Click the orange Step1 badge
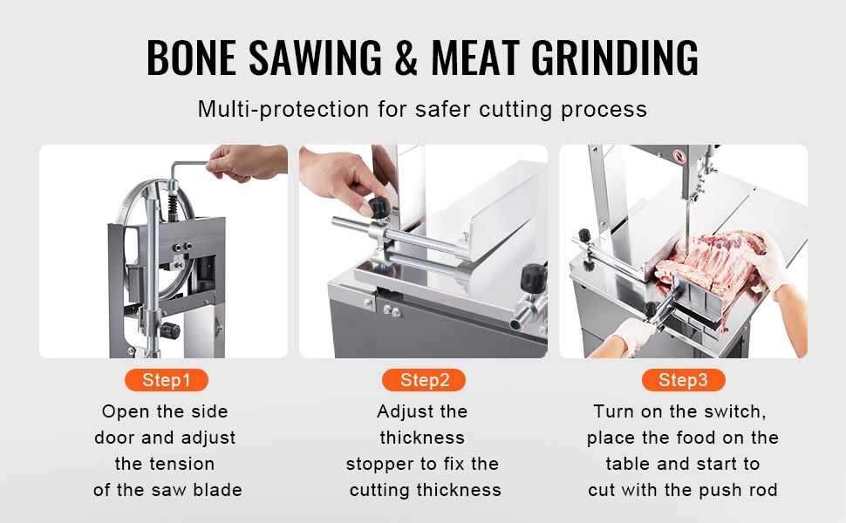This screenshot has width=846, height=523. (x=167, y=380)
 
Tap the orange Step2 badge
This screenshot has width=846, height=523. (x=424, y=380)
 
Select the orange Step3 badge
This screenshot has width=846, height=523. (x=684, y=380)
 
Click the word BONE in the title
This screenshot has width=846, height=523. (x=192, y=58)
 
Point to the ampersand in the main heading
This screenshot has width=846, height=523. (x=406, y=58)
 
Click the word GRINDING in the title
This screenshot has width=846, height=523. (x=615, y=58)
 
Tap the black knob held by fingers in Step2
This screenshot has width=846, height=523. (x=379, y=207)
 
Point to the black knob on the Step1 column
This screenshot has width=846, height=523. (x=170, y=330)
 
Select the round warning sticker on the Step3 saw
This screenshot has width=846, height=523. (x=679, y=157)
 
